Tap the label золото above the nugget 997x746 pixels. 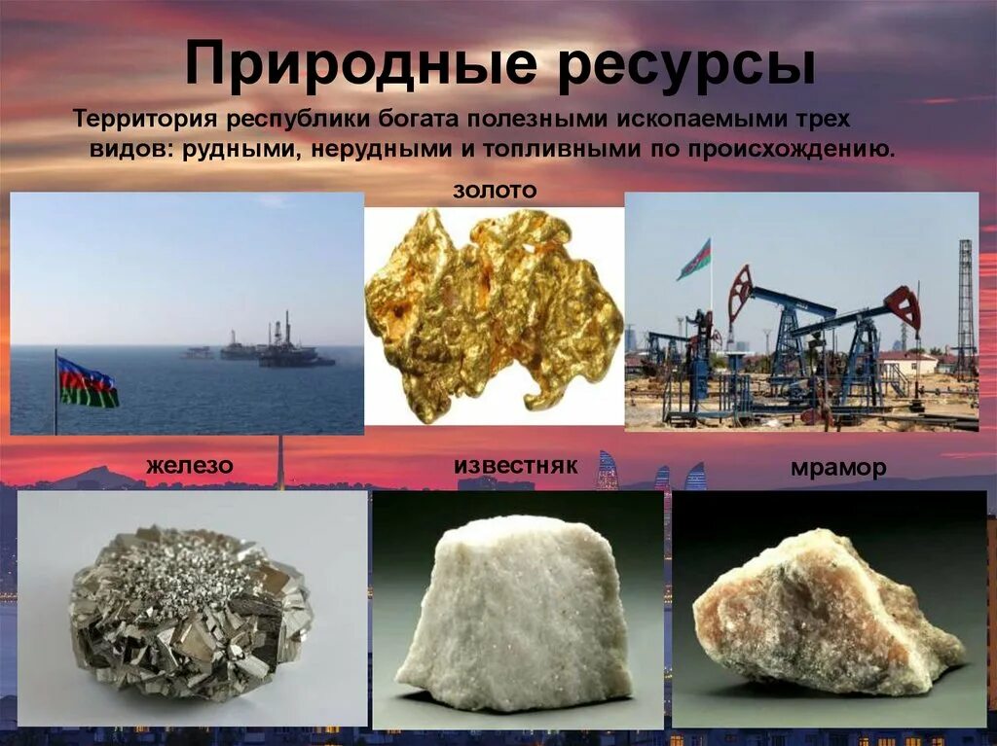[x=494, y=191]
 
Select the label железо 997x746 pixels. [x=190, y=466]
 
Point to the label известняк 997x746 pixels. [x=515, y=466]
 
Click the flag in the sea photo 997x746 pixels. [x=88, y=382]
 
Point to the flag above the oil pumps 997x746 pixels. [x=695, y=260]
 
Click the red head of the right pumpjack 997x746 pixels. [x=905, y=305]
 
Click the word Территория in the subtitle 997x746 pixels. [x=146, y=120]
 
